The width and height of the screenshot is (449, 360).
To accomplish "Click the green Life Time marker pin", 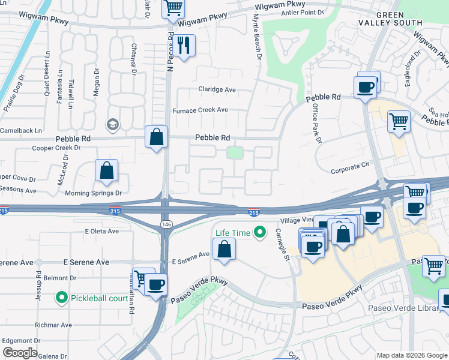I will click(260, 232).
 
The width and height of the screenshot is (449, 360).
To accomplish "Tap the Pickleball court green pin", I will click(61, 297).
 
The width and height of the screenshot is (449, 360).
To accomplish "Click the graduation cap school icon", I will click(111, 125).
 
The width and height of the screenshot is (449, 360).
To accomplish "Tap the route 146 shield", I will click(164, 223).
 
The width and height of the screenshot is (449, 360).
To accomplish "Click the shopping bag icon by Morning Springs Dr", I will click(106, 170).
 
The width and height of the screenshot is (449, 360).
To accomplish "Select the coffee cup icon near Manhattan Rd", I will click(156, 284).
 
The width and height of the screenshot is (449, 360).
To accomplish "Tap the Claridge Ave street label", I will click(217, 89).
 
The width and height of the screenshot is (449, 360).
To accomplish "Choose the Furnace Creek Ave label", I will click(200, 110).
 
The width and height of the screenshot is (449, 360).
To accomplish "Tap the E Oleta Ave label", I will click(102, 231).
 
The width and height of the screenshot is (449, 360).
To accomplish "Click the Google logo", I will click(20, 353).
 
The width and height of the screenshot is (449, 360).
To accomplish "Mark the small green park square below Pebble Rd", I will click(235, 154).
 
